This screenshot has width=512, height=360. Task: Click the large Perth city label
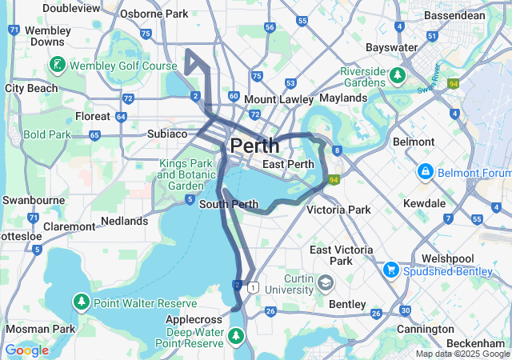(x=254, y=146)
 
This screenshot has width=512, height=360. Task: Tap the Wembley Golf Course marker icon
(x=58, y=64)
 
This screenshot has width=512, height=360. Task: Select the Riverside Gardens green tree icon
(x=398, y=76)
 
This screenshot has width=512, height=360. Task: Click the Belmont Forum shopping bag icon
(x=425, y=173)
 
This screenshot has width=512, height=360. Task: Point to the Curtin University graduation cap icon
(x=326, y=283)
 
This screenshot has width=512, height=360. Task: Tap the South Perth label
(x=228, y=204)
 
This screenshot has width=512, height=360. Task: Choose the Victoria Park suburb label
(x=339, y=210)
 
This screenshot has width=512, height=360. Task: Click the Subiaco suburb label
(x=167, y=134)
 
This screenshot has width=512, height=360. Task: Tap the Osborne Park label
(x=154, y=14)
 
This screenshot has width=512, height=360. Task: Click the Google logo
(x=26, y=350)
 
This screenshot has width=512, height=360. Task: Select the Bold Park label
(x=48, y=134)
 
